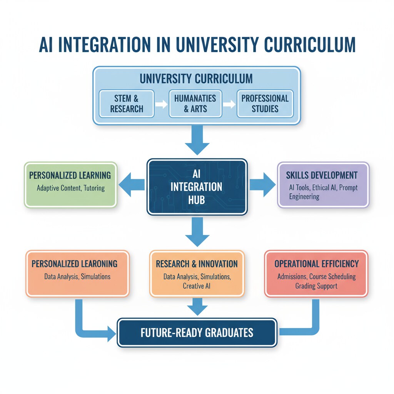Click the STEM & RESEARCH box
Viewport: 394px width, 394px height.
pyautogui.click(x=127, y=104)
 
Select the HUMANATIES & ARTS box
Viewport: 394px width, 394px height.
pyautogui.click(x=195, y=104)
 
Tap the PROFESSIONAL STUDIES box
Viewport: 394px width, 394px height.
pyautogui.click(x=265, y=104)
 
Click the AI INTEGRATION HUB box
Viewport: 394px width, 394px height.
pyautogui.click(x=197, y=187)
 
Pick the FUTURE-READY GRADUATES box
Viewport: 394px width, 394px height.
pyautogui.click(x=197, y=332)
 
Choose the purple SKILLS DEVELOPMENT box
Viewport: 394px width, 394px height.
pyautogui.click(x=323, y=185)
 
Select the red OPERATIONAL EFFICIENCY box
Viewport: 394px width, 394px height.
pyautogui.click(x=316, y=274)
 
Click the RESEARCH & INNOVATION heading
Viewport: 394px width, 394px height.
pyautogui.click(x=197, y=264)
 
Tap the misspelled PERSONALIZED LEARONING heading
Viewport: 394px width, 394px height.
pyautogui.click(x=75, y=264)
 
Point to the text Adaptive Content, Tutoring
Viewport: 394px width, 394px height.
pyautogui.click(x=70, y=189)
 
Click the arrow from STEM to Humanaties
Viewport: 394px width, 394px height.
pyautogui.click(x=161, y=104)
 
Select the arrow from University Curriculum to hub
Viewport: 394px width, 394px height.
pyautogui.click(x=197, y=140)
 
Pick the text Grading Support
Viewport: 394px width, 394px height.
pyautogui.click(x=316, y=286)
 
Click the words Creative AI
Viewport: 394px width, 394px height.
pyautogui.click(x=197, y=286)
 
